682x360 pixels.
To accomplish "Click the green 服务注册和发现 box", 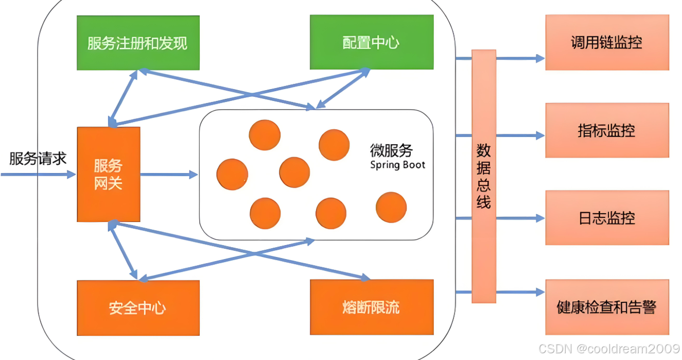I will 138,43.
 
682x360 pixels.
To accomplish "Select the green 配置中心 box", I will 371,42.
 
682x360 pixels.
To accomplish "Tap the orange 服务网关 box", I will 108,174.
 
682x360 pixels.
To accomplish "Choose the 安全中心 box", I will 138,307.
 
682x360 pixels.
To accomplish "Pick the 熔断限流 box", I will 371,307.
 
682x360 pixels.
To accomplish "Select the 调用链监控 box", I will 607,42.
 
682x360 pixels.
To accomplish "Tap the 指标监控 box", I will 607,130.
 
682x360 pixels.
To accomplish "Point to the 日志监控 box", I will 607,218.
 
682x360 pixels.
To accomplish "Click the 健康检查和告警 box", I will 607,307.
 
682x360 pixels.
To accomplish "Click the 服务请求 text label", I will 38,158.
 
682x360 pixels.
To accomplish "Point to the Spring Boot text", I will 397,165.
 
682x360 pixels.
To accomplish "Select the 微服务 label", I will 391,151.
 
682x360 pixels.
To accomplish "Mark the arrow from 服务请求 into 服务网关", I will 39,175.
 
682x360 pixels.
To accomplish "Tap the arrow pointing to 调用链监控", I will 520,59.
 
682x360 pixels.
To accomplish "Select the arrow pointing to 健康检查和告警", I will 520,292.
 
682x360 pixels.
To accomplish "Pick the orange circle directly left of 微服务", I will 334,145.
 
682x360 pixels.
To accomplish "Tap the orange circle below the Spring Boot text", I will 391,208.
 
